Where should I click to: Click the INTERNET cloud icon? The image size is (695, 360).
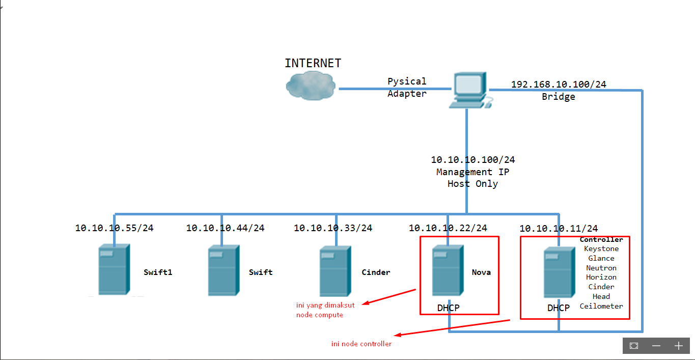311,85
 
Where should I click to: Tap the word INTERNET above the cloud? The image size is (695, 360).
313,63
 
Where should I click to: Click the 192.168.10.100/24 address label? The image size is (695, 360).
559,85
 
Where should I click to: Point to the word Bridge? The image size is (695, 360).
559,97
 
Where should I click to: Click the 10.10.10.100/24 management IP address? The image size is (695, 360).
472,160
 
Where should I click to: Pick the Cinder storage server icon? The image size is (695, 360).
335,271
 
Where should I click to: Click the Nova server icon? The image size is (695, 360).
448,270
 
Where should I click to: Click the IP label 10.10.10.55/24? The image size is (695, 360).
114,228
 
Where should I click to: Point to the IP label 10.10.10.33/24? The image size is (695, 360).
333,228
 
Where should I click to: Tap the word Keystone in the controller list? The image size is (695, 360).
601,249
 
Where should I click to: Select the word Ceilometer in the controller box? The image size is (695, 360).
601,306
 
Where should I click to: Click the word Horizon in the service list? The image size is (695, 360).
601,278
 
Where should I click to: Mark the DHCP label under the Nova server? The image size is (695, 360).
448,308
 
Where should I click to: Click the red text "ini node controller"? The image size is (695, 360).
362,344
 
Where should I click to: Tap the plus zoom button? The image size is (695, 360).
678,346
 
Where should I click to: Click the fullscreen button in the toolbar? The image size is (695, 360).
634,346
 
